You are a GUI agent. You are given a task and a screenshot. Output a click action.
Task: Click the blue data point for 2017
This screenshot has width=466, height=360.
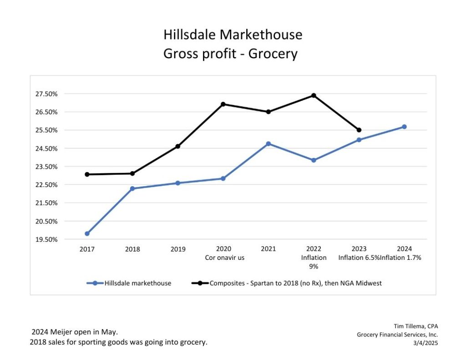coord(87,233)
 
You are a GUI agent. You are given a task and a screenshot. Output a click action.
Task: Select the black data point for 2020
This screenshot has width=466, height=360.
coord(223,104)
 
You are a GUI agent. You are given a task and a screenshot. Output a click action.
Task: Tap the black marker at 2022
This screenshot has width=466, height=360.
coord(314,95)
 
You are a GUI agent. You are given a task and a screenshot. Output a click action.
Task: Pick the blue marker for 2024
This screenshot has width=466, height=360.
coord(404,127)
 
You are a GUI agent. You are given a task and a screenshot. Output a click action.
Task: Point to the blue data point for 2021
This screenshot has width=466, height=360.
coord(268,144)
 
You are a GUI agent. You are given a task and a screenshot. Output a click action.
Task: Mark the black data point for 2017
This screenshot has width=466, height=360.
coord(87,174)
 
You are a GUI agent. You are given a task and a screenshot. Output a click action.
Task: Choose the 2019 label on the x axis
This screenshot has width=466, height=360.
coord(178,249)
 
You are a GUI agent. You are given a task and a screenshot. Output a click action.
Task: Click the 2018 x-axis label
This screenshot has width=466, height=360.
coord(132,249)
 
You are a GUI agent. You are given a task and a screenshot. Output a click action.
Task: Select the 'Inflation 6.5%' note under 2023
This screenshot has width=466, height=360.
coord(359,258)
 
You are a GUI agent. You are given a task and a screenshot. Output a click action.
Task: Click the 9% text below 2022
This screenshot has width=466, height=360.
coord(314,266)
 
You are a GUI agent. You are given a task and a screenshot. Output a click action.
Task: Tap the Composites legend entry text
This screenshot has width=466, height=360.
coord(295,283)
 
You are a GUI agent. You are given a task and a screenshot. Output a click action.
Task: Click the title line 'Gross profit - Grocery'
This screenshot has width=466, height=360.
coord(230,54)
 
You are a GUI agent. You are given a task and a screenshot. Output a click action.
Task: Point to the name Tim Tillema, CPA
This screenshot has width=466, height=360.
coord(415,326)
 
